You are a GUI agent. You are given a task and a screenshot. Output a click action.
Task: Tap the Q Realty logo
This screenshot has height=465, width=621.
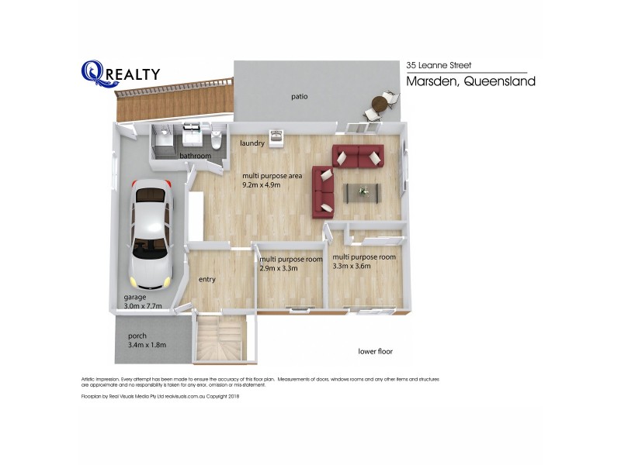pyautogui.click(x=120, y=73)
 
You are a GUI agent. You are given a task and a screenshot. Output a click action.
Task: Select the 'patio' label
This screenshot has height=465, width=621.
pyautogui.click(x=300, y=97)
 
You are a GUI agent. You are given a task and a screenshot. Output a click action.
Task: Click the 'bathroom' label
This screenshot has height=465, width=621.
pyautogui.click(x=196, y=156)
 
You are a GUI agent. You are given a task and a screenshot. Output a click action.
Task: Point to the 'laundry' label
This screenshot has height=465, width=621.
pyautogui.click(x=252, y=143)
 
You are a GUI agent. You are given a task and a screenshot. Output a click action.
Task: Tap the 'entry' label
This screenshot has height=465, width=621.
pyautogui.click(x=207, y=280)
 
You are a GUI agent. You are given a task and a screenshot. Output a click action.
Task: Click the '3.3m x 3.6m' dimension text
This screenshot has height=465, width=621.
pyautogui.click(x=352, y=267)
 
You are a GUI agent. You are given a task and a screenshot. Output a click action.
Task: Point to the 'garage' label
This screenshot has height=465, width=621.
pyautogui.click(x=136, y=297)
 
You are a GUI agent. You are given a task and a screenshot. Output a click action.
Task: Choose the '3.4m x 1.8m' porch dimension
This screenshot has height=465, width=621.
pyautogui.click(x=147, y=345)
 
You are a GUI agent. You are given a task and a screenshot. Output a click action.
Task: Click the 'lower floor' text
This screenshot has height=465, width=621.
pyautogui.click(x=375, y=351)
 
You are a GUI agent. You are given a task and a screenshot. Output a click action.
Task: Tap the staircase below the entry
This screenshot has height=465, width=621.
pyautogui.click(x=220, y=339)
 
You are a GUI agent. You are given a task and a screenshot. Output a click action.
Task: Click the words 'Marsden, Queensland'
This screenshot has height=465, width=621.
pyautogui.click(x=471, y=82)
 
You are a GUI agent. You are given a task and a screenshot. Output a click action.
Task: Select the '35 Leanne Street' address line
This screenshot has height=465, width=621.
pyautogui.click(x=439, y=66)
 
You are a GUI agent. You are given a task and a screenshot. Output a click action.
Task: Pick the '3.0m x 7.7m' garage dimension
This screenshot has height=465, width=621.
pyautogui.click(x=143, y=306)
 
